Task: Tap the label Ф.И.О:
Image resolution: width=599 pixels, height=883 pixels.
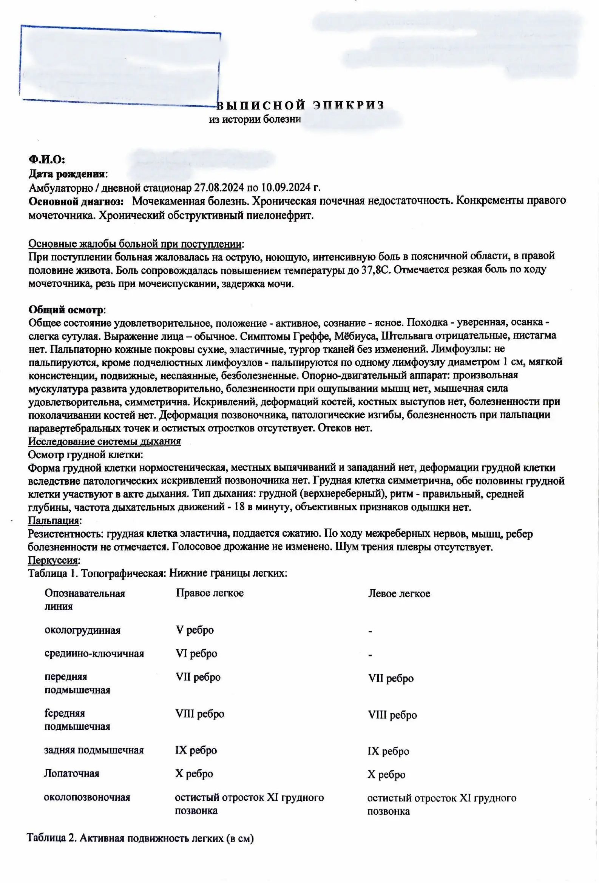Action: tap(47, 160)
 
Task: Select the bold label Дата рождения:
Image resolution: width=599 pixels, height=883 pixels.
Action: tap(68, 174)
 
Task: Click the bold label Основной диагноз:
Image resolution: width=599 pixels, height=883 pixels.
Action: tap(76, 201)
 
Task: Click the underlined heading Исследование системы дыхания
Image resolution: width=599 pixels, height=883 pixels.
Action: tap(104, 441)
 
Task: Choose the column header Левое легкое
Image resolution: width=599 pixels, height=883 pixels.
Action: tap(399, 594)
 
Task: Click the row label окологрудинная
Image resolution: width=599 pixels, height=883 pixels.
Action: tap(82, 630)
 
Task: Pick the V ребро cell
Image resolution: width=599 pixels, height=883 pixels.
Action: tap(195, 630)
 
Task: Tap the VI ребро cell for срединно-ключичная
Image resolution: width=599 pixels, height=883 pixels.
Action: tap(196, 653)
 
